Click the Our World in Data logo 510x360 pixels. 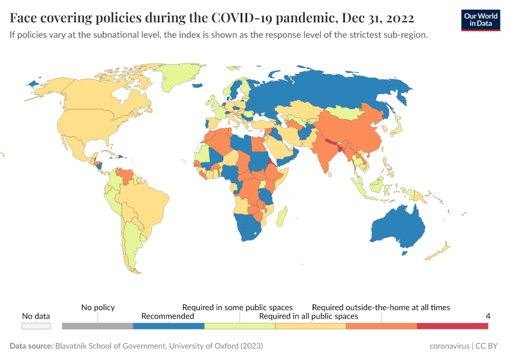(x=481, y=20)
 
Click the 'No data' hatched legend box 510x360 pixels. (x=36, y=326)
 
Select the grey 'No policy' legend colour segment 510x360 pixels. (x=97, y=326)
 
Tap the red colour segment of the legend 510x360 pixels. (x=452, y=326)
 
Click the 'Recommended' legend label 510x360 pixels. (x=167, y=316)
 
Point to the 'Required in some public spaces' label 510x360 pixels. (x=238, y=307)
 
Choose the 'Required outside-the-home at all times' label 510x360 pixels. (x=380, y=307)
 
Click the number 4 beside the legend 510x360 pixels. (x=488, y=316)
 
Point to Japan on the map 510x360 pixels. (x=395, y=127)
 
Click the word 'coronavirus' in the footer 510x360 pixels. (x=449, y=346)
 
